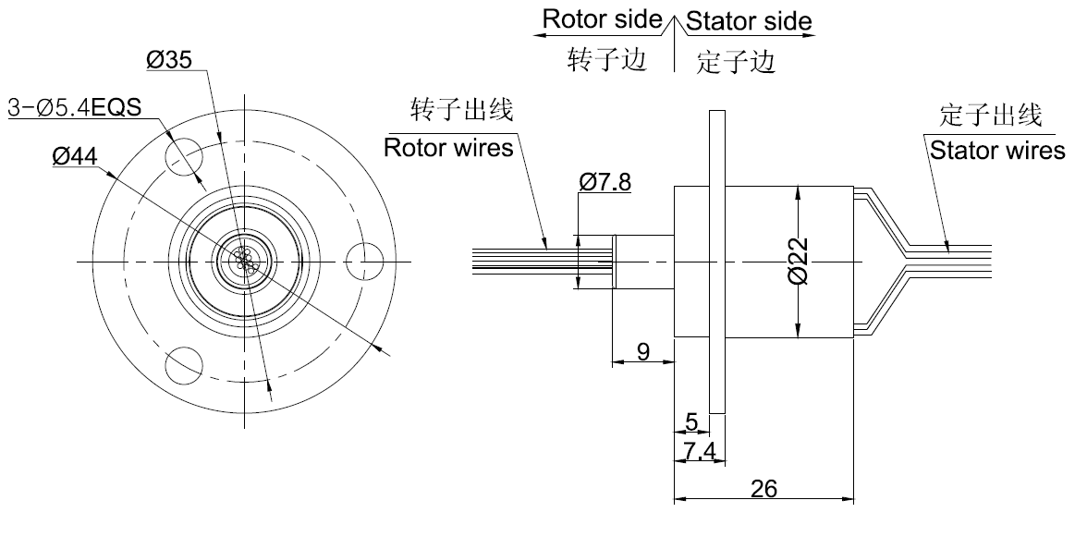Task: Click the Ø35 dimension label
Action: pyautogui.click(x=169, y=61)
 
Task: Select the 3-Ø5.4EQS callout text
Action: pyautogui.click(x=74, y=108)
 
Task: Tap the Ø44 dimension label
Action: pyautogui.click(x=76, y=157)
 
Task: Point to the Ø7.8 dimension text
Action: pyautogui.click(x=605, y=182)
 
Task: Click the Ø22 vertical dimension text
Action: pyautogui.click(x=800, y=262)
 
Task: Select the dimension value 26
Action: pyautogui.click(x=763, y=487)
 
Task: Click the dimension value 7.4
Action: pyautogui.click(x=697, y=452)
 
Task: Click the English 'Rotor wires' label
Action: pyautogui.click(x=448, y=147)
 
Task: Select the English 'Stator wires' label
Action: pyautogui.click(x=997, y=150)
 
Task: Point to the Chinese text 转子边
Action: pyautogui.click(x=605, y=60)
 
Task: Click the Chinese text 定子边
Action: pyautogui.click(x=736, y=62)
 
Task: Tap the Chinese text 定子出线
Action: pyautogui.click(x=990, y=116)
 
